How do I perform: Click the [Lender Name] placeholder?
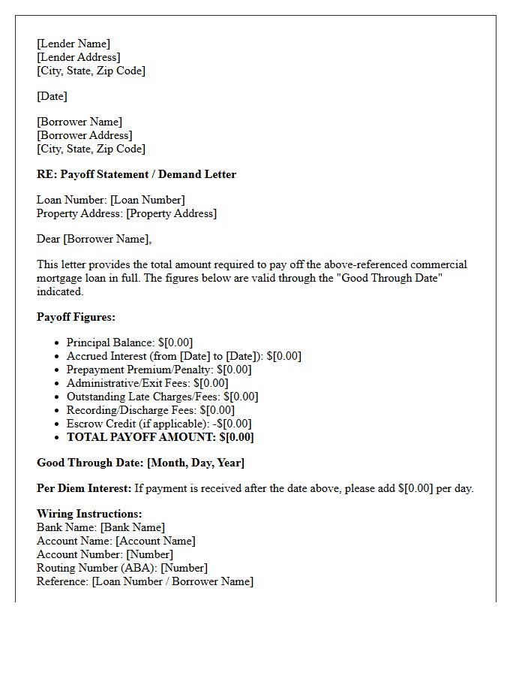point(73,44)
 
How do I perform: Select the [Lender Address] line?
point(78,57)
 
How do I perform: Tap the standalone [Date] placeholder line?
point(52,96)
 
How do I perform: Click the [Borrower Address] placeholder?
point(84,135)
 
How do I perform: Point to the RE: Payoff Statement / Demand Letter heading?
point(136,174)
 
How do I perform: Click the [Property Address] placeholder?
point(171,213)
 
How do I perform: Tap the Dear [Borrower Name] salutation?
point(94,239)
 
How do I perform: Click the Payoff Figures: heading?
point(76,317)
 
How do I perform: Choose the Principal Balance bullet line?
point(129,343)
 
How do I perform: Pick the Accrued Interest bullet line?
point(184,356)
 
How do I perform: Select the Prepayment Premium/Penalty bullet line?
point(159,370)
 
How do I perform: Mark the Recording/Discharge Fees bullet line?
point(150,410)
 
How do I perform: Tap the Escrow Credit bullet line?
point(159,424)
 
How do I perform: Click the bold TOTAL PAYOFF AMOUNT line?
point(160,437)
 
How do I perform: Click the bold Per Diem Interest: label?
point(84,488)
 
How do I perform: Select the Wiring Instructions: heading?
point(89,514)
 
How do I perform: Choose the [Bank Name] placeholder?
point(133,527)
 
